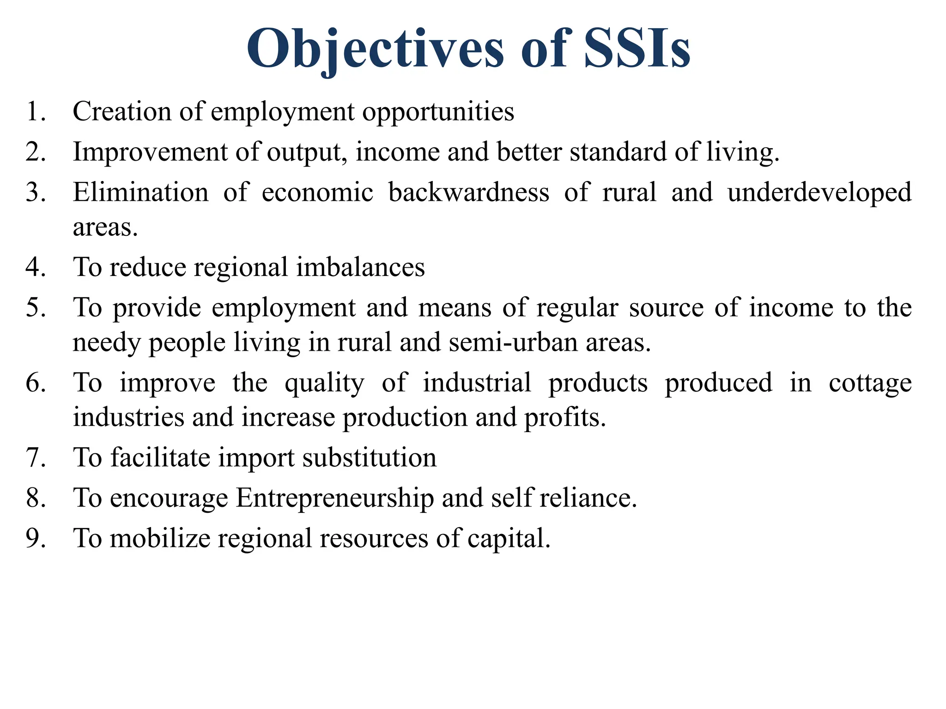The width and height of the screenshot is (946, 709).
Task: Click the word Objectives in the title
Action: click(375, 50)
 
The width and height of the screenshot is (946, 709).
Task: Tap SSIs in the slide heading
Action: click(637, 50)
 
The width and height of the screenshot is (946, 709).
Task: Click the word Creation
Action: click(122, 112)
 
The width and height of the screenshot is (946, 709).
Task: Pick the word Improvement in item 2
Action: click(150, 152)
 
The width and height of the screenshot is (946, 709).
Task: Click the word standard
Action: click(618, 152)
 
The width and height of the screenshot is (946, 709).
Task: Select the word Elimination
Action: click(140, 192)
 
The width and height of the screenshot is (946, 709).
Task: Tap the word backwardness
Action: click(468, 192)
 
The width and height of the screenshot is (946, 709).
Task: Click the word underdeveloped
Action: click(819, 193)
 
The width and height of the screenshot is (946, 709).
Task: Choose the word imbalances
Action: click(360, 267)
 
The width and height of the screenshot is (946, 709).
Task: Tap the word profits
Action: click(564, 418)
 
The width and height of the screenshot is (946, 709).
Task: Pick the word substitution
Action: click(370, 458)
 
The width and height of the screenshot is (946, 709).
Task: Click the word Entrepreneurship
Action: click(335, 499)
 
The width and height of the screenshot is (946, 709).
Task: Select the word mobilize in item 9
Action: click(160, 539)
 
